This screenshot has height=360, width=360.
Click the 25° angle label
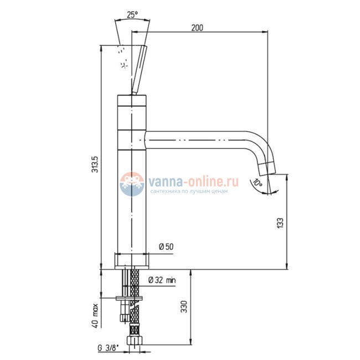132,15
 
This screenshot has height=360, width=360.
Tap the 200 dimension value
197,28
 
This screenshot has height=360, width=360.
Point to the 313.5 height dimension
95,164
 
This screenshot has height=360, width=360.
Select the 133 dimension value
281,223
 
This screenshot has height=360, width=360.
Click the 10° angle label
258,183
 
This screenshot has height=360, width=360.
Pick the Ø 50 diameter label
166,247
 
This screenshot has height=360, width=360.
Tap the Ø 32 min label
162,280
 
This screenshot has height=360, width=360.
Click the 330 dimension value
184,306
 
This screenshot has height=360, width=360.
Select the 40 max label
95,316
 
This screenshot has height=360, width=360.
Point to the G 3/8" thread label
109,348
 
